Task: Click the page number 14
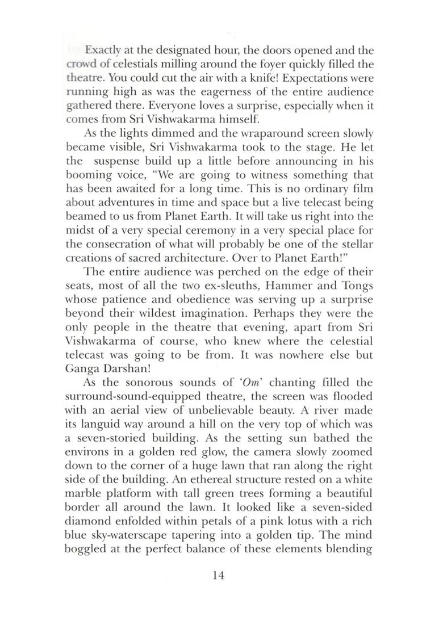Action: tap(219, 575)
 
